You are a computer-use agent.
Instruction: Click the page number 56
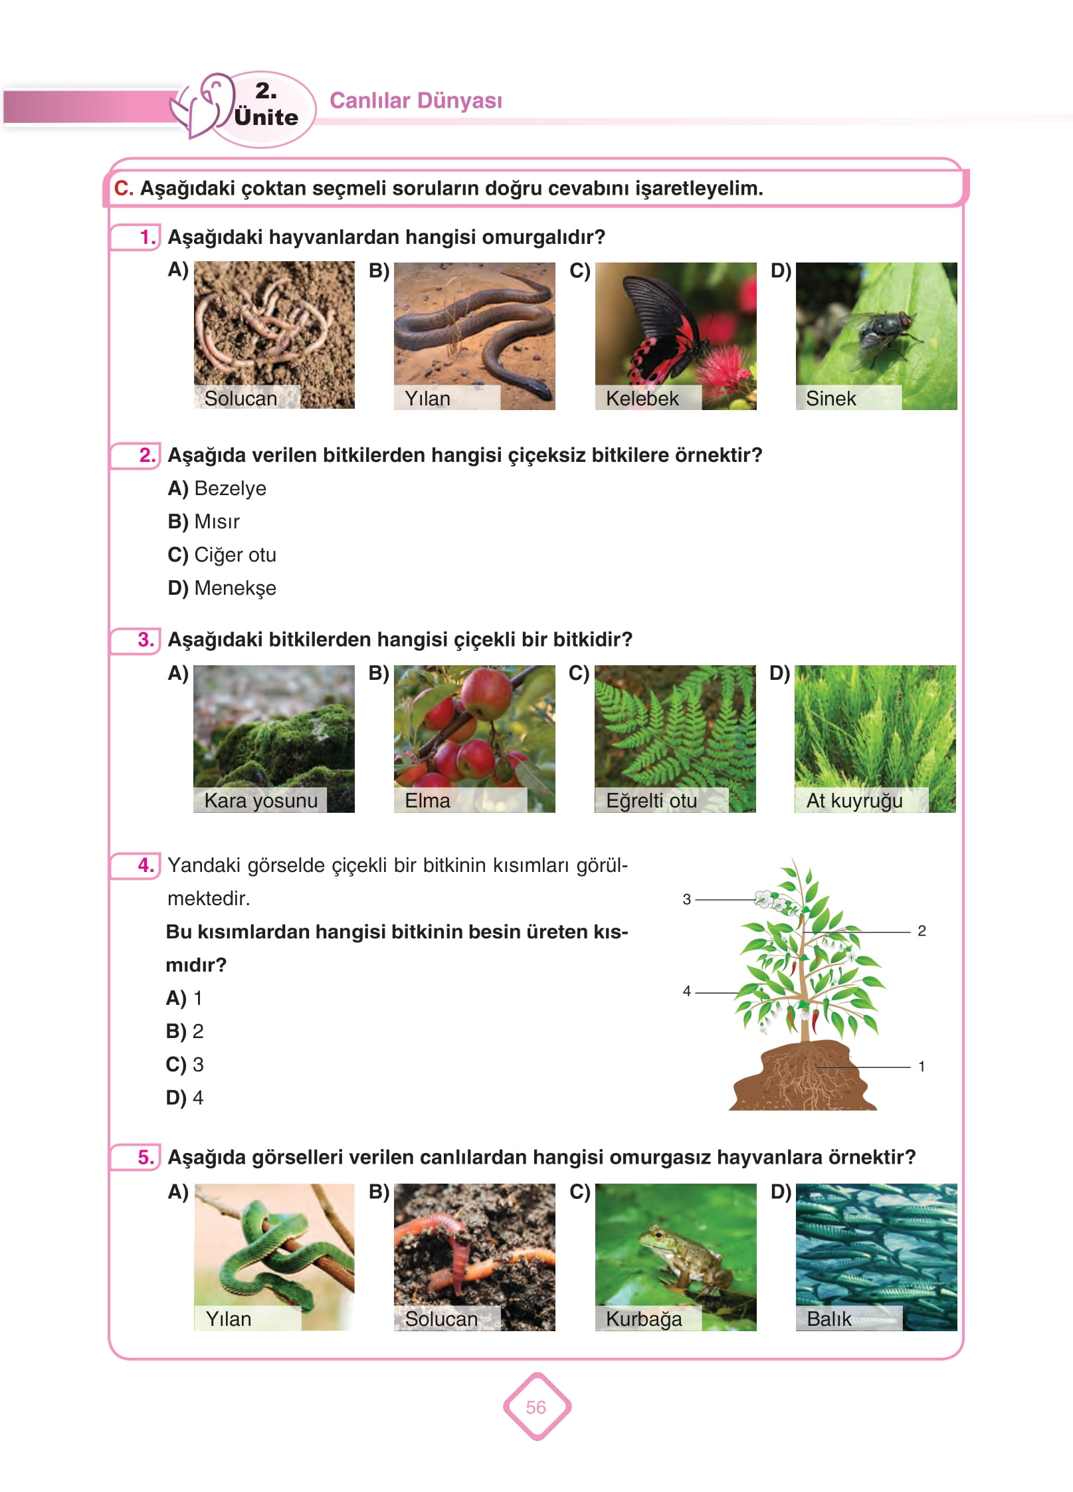pyautogui.click(x=536, y=1407)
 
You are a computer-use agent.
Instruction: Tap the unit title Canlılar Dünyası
pyautogui.click(x=416, y=100)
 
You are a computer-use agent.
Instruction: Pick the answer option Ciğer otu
pyautogui.click(x=235, y=555)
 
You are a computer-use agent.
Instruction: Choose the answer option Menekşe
pyautogui.click(x=235, y=588)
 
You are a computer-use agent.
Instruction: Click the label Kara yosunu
pyautogui.click(x=260, y=801)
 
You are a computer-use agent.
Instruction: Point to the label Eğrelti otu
pyautogui.click(x=651, y=801)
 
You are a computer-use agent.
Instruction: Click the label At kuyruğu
pyautogui.click(x=854, y=801)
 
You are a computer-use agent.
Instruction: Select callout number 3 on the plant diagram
pyautogui.click(x=687, y=899)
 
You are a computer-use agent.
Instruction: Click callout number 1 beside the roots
pyautogui.click(x=922, y=1067)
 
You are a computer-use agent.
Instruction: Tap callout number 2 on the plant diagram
pyautogui.click(x=922, y=931)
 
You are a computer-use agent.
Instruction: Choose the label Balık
pyautogui.click(x=829, y=1319)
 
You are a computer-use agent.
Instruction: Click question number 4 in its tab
pyautogui.click(x=146, y=865)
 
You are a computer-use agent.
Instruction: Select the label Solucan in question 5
pyautogui.click(x=441, y=1319)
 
